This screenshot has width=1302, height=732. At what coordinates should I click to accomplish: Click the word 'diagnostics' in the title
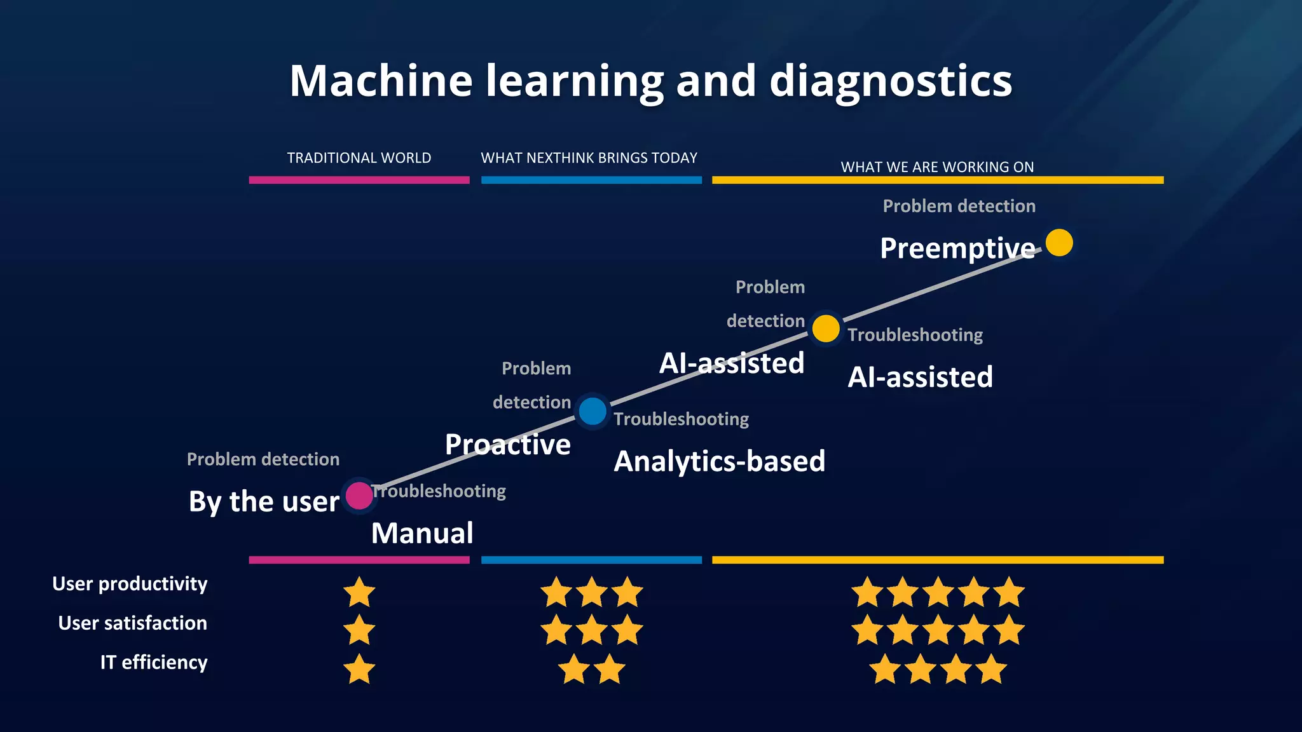coord(890,81)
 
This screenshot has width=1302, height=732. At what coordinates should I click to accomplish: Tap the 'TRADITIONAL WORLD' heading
coord(359,158)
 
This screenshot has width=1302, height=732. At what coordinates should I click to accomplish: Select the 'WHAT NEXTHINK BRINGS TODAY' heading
coord(589,158)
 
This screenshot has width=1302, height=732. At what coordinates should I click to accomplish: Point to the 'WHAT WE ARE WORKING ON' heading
coord(937,167)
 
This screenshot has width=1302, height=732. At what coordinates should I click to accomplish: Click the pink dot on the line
coord(359,496)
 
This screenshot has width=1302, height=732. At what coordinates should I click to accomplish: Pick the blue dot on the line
coord(593,411)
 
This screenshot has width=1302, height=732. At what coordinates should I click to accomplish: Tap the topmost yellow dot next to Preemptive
coord(1059,243)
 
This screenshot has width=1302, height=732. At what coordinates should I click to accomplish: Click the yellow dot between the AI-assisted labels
coord(826,329)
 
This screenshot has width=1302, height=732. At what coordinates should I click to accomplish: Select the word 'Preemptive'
coord(957,248)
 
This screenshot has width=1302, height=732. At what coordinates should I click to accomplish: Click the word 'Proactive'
coord(507,444)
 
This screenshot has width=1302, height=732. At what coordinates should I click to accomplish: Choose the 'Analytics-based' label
coord(719,461)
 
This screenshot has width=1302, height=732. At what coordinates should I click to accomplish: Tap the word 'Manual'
coord(422,533)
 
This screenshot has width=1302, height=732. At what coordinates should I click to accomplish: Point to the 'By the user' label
coord(264,501)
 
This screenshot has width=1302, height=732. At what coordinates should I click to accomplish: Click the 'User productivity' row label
coord(130,584)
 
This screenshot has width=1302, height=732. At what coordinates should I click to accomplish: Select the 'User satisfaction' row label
coord(132,623)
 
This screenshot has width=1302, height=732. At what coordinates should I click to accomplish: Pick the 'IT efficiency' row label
coord(154,662)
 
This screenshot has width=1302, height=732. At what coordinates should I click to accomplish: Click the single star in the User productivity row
coord(359,592)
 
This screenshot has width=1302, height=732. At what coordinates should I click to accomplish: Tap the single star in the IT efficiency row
coord(359,669)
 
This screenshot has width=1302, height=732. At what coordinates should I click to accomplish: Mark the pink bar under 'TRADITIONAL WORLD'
coord(359,180)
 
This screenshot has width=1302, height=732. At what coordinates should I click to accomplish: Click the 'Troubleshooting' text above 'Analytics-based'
coord(681,419)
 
